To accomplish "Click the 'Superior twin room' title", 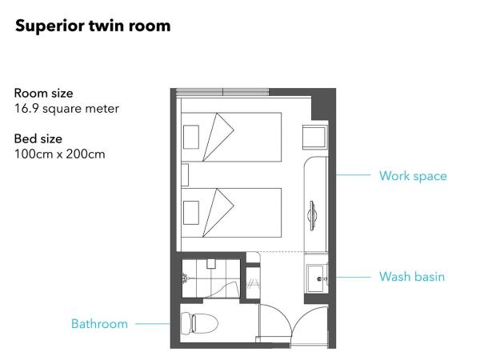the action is pos(93,26).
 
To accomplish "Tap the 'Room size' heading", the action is pos(43,93).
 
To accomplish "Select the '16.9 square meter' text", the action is pos(66,109).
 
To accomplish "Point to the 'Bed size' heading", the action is pos(38,138).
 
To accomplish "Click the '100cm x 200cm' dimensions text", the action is pos(60,154).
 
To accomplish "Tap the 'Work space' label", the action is pos(413,176).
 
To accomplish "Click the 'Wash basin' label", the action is pos(412,277).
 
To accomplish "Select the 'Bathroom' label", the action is pos(99,324).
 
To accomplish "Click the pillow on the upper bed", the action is pos(191,137).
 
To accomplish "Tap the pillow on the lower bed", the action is pos(191,213).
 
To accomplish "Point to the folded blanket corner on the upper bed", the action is pos(218,137).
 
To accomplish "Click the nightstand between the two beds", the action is pos(185,174).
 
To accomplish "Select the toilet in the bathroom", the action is pos(199,323).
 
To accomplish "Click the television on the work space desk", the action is pos(312,215).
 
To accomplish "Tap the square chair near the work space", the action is pos(314,137).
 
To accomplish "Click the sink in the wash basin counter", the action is pos(316,278).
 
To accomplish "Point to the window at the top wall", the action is pos(223,92).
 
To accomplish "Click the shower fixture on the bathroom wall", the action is pos(185,278).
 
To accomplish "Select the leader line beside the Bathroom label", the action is pos(153,323).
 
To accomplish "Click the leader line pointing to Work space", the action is pos(352,175).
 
